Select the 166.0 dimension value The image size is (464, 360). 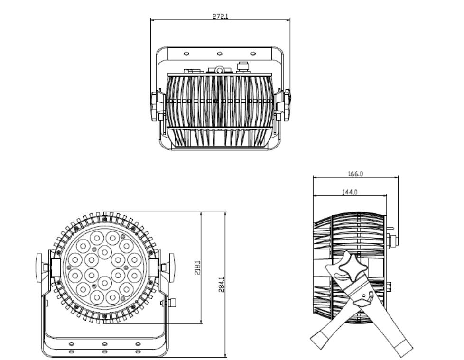coord(355,174)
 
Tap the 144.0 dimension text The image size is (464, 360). coord(350,192)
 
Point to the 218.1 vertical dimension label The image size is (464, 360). coord(198,268)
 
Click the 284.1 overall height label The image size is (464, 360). coord(222,285)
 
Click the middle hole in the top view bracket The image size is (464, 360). coord(220,54)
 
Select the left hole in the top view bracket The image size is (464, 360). coord(186,54)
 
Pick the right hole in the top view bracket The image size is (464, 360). coord(253,54)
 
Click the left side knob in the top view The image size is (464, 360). coord(154,107)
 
